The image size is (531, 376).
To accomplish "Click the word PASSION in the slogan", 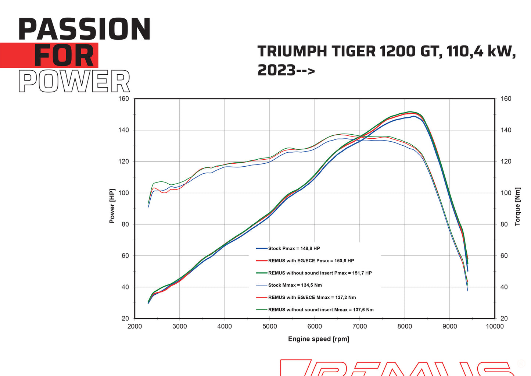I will pyautogui.click(x=84, y=29).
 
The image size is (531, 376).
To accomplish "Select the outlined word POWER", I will pyautogui.click(x=74, y=82).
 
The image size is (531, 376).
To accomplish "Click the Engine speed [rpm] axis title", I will pyautogui.click(x=318, y=339).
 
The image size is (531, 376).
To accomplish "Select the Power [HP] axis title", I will pyautogui.click(x=112, y=206).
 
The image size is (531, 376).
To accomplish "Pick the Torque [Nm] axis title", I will pyautogui.click(x=517, y=206).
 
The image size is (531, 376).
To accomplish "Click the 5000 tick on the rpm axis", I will pyautogui.click(x=269, y=326).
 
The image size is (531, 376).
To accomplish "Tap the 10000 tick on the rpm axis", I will pyautogui.click(x=495, y=326).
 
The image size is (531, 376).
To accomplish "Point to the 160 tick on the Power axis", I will pyautogui.click(x=124, y=99).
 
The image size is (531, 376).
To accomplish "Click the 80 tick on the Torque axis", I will pyautogui.click(x=504, y=224).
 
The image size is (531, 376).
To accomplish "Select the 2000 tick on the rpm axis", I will pyautogui.click(x=134, y=326).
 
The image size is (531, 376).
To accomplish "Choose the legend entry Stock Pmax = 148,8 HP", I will pyautogui.click(x=294, y=248).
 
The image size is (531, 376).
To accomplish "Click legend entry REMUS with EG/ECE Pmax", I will pyautogui.click(x=311, y=260).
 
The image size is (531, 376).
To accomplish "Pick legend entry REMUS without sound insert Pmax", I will pyautogui.click(x=320, y=273).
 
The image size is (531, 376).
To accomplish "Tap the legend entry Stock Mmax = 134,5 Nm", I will pyautogui.click(x=295, y=285).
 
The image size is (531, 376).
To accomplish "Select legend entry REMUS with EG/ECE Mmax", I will pyautogui.click(x=312, y=297).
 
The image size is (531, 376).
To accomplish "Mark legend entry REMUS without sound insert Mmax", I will pyautogui.click(x=320, y=310).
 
